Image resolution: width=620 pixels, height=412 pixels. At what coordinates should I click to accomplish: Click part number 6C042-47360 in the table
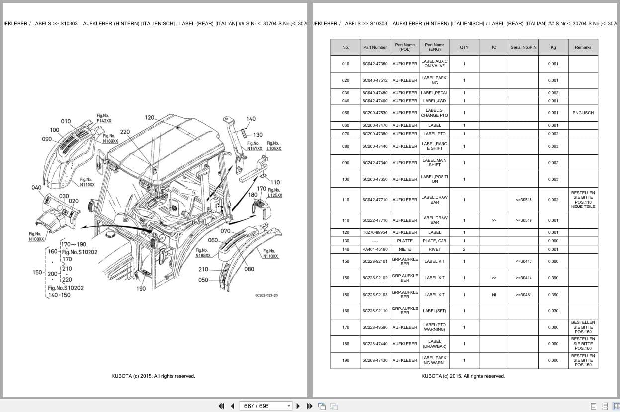(375, 64)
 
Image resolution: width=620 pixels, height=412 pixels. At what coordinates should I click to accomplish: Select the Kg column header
(553, 47)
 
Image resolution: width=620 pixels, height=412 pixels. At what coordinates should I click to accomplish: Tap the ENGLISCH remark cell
(583, 113)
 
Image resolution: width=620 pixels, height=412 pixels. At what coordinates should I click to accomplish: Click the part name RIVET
(434, 249)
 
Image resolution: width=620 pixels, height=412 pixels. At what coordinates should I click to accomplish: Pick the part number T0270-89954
(375, 232)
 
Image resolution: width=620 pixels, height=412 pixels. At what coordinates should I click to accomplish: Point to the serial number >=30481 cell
(523, 295)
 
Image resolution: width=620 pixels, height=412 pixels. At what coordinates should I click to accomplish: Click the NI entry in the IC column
(494, 295)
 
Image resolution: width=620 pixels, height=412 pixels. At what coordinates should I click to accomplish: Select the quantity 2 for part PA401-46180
(464, 249)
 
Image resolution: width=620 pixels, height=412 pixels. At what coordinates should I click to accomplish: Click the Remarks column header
(583, 47)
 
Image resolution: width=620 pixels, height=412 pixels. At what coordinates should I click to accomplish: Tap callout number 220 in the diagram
(125, 132)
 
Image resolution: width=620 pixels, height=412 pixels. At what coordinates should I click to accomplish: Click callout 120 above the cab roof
(150, 118)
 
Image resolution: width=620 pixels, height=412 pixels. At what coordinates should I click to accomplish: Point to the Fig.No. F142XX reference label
(104, 118)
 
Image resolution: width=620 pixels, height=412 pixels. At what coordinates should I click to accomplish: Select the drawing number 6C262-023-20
(266, 295)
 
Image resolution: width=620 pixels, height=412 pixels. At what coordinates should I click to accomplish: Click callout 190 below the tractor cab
(141, 289)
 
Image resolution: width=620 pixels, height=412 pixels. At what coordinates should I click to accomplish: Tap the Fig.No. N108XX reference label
(36, 237)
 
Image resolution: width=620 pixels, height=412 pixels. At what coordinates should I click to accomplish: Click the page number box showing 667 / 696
(266, 406)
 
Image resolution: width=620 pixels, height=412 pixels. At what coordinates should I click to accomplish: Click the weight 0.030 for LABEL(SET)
(553, 311)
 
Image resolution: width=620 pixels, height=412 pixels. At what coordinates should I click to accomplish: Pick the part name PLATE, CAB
(434, 241)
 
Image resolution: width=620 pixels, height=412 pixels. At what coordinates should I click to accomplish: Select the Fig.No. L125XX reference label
(274, 193)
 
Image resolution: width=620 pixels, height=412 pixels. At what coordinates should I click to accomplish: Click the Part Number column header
(375, 47)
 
